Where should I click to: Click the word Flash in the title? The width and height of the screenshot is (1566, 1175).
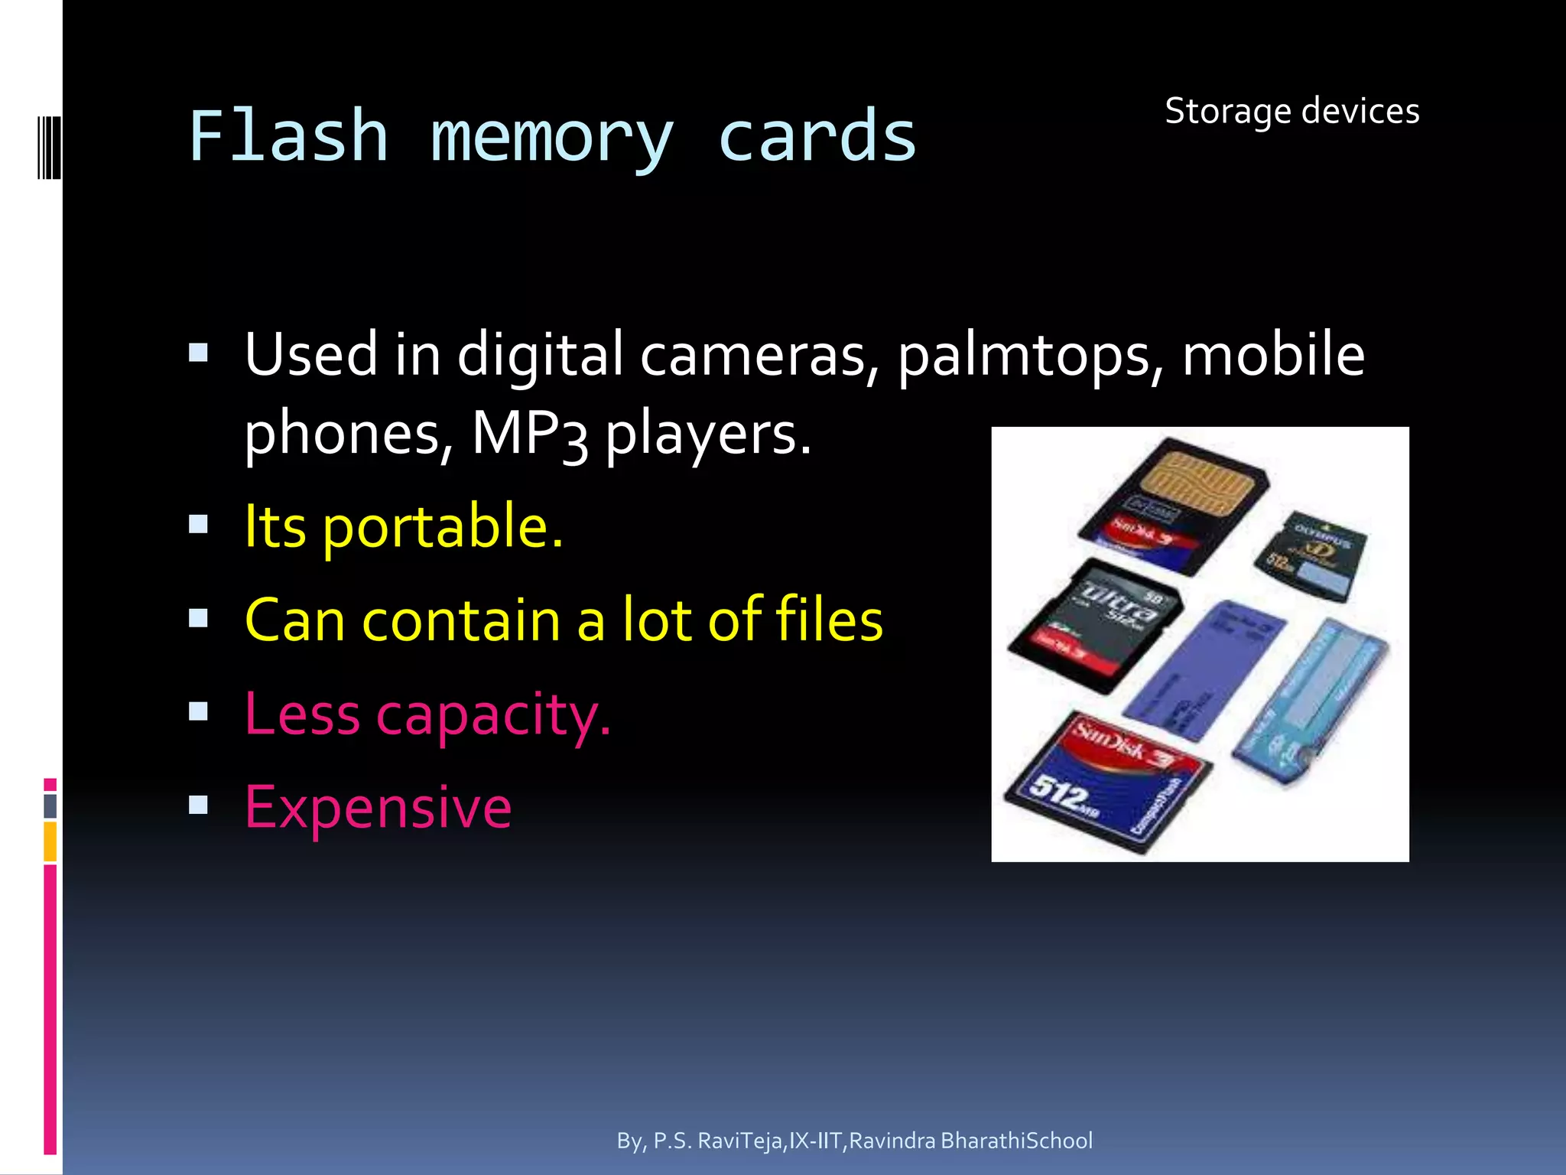point(288,138)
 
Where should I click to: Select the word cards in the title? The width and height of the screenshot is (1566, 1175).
point(817,138)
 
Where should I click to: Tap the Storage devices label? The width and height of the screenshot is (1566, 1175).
point(1291,112)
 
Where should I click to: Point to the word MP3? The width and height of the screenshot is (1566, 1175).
point(529,435)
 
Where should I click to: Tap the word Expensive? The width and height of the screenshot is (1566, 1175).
point(378,807)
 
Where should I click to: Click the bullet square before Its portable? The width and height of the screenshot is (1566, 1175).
point(199,525)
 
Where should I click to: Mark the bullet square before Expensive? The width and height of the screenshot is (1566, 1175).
point(199,805)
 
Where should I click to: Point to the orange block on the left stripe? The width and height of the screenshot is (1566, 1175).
point(50,841)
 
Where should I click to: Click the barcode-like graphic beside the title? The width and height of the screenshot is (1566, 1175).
point(49,147)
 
